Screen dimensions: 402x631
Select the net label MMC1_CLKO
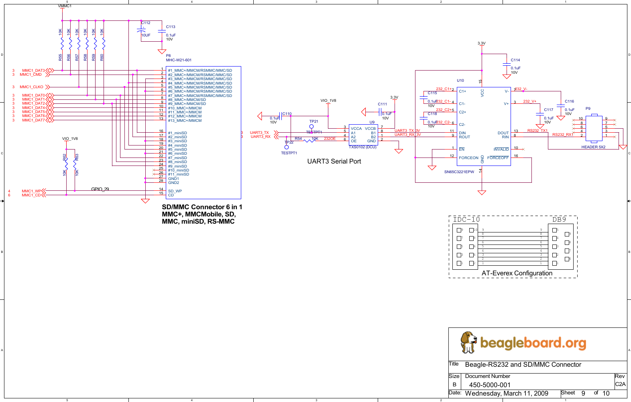click(x=31, y=87)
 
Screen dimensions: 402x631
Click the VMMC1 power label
click(x=65, y=6)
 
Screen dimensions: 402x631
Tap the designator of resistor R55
click(x=60, y=57)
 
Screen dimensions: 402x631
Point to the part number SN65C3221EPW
click(x=459, y=172)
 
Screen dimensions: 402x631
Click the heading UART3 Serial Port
click(x=334, y=162)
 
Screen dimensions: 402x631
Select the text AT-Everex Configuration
click(x=517, y=273)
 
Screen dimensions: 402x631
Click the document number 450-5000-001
click(x=490, y=385)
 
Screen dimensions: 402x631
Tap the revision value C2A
click(x=620, y=384)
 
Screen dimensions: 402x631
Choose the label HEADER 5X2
click(x=593, y=147)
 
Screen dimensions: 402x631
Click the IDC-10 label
click(x=466, y=220)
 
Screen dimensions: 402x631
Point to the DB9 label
click(x=559, y=220)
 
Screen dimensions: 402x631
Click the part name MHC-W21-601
click(x=179, y=60)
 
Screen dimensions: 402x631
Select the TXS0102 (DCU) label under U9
click(x=362, y=147)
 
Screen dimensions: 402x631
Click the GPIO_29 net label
click(x=100, y=189)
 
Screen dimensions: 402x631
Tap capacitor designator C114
click(x=515, y=60)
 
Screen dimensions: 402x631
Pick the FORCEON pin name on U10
click(x=468, y=158)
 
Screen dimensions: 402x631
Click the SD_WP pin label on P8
click(x=175, y=191)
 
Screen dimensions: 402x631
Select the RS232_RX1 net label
click(x=562, y=135)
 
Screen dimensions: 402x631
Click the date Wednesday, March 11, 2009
click(x=506, y=394)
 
